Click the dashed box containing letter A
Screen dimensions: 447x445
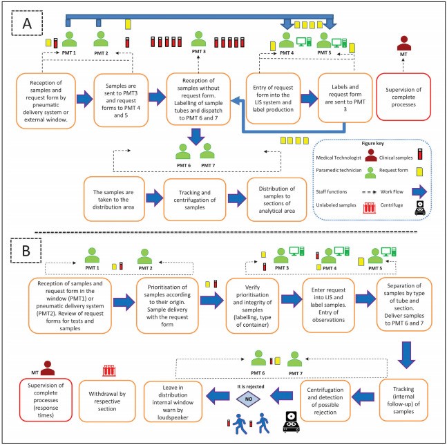pos(12,23)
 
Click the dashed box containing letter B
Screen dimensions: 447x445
pos(11,250)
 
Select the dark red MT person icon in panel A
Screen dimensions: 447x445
pos(403,44)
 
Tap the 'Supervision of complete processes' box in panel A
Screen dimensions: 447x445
pos(403,97)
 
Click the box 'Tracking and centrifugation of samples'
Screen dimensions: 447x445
pos(195,200)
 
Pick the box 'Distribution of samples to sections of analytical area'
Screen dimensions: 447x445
pos(277,200)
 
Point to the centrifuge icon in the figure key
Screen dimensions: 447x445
pos(420,207)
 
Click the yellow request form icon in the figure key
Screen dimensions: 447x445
pos(419,171)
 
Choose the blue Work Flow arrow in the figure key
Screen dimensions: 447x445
pos(419,191)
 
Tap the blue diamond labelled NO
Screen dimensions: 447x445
pos(248,399)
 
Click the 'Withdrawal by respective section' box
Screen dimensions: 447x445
pos(107,401)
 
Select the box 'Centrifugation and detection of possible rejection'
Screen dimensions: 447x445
pos(325,401)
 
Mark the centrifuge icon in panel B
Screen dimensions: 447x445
pos(291,422)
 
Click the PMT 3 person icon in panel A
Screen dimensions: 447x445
pos(198,39)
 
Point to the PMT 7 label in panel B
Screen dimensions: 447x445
pos(295,373)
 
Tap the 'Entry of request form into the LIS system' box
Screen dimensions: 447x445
pos(273,98)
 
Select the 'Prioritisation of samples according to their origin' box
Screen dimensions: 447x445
pos(167,305)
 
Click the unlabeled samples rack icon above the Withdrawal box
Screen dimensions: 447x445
pos(109,370)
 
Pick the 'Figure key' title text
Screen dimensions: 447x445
pos(372,143)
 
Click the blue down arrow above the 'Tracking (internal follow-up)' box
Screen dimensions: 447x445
pos(406,355)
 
